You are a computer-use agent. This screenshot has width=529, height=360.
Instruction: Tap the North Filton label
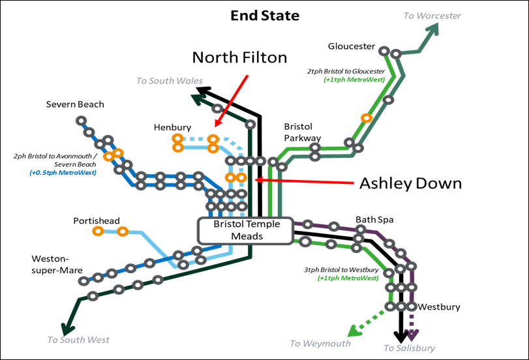(239, 57)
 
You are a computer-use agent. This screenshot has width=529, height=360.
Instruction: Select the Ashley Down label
(410, 183)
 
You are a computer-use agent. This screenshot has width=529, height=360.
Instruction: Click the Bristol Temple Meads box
(247, 230)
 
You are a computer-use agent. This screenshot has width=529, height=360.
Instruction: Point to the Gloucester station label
(352, 46)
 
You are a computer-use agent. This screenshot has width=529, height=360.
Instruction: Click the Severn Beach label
(75, 104)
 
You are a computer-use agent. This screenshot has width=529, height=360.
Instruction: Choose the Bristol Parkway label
(303, 132)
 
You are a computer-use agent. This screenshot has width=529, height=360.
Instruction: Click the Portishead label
(96, 220)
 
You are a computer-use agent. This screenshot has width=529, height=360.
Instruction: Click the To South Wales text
(170, 81)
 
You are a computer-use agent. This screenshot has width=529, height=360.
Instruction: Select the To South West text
(78, 339)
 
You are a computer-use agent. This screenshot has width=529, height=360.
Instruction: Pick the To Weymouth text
(320, 343)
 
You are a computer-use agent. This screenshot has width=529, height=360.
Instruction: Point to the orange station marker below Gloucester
(367, 118)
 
